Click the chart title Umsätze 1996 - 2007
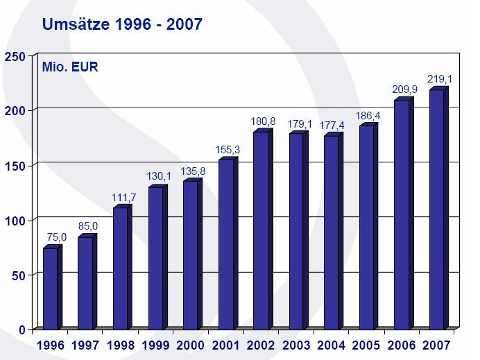[122, 25]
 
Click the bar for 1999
[155, 257]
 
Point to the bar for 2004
[331, 232]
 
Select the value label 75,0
[56, 237]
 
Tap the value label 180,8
[263, 121]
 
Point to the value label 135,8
[193, 171]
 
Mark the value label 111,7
[123, 198]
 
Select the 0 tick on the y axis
[22, 329]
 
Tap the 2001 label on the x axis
[226, 345]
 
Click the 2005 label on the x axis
[366, 345]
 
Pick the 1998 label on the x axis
[121, 345]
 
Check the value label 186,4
[367, 116]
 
